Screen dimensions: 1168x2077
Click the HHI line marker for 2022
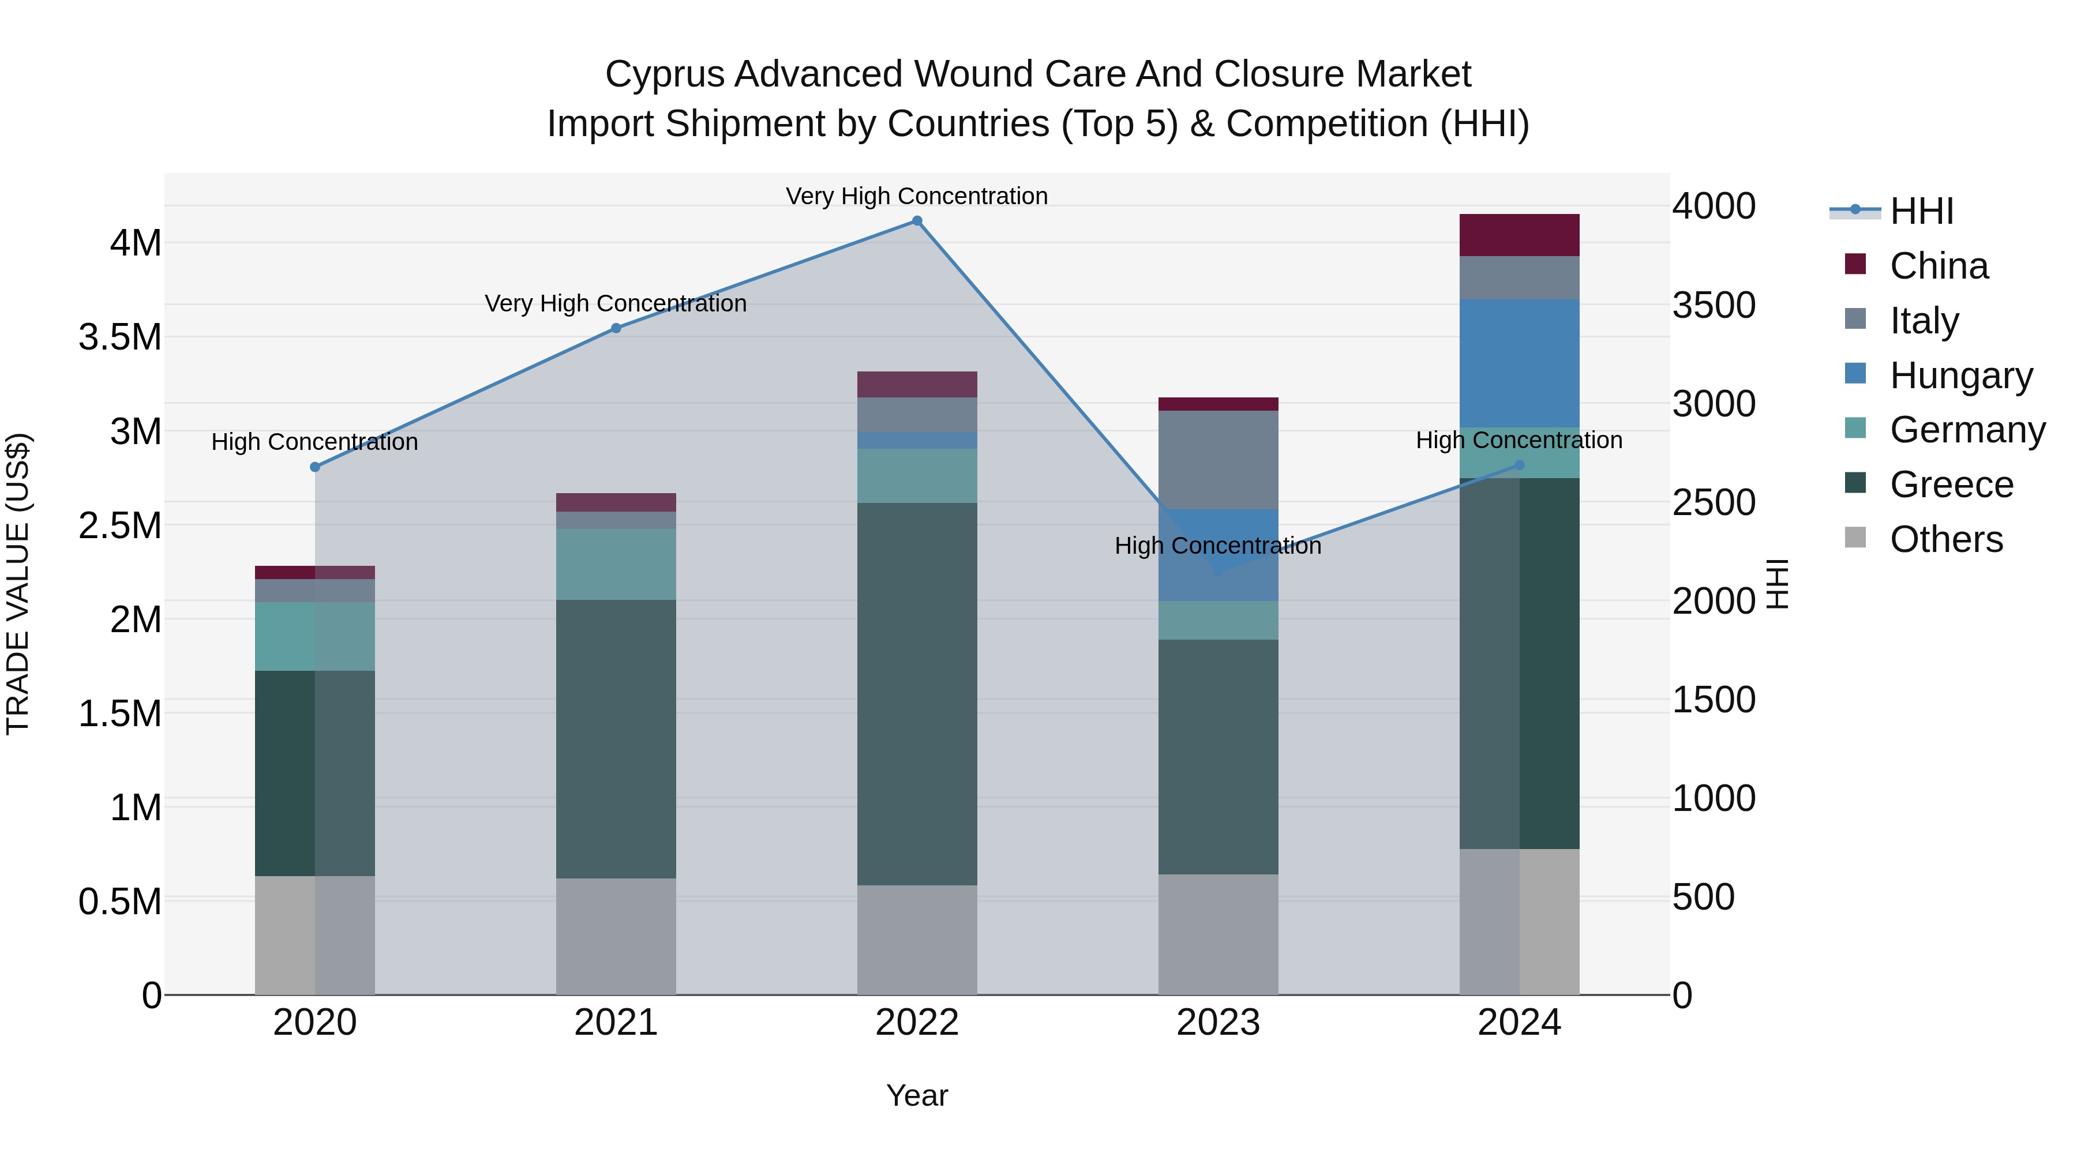[x=917, y=221]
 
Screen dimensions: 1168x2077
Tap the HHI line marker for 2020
[x=315, y=467]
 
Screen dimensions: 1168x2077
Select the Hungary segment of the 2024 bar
[x=1519, y=363]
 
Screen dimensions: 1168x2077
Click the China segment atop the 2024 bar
[x=1519, y=235]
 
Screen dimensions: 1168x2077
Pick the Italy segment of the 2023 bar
[x=1219, y=460]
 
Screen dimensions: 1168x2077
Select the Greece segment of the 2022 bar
[x=917, y=693]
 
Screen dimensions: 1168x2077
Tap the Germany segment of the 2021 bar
[x=616, y=564]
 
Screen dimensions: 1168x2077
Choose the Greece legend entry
[x=1951, y=485]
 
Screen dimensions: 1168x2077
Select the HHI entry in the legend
[x=1921, y=211]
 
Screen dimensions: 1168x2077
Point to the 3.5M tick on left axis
[x=119, y=337]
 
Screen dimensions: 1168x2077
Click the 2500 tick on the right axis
[x=1714, y=502]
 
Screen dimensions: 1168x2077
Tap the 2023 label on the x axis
[x=1219, y=1022]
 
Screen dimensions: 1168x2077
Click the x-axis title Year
[x=917, y=1095]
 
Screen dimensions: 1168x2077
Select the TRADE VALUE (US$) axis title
[x=18, y=584]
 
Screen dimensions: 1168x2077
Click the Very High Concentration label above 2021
[x=616, y=304]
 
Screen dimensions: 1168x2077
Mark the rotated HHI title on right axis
[x=1776, y=584]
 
